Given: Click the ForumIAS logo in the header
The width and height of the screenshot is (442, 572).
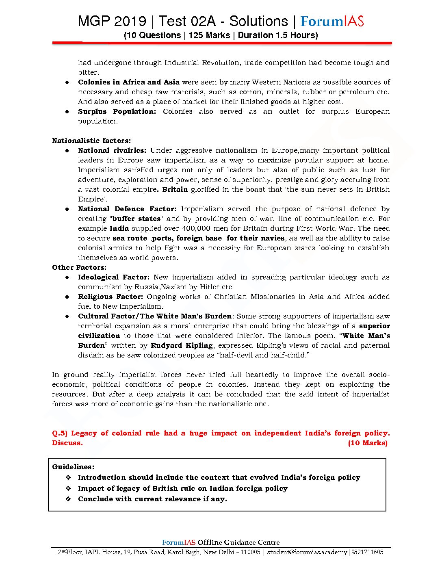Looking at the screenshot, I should (332, 21).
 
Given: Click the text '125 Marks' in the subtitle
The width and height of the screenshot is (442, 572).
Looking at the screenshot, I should (209, 35).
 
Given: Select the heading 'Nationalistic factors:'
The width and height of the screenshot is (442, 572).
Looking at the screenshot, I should (91, 141).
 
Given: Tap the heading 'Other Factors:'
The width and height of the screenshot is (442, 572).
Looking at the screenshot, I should (79, 267).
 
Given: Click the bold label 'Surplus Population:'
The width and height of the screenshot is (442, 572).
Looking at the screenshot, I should (117, 111).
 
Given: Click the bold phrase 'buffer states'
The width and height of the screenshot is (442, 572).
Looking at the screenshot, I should (136, 219).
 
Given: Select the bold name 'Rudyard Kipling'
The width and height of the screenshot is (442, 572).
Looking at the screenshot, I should (182, 345).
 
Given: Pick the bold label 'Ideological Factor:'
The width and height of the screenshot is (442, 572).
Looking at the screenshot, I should (114, 277).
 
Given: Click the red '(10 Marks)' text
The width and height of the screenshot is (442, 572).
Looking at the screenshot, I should (368, 443).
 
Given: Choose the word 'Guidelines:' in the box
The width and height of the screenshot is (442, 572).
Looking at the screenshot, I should (73, 467).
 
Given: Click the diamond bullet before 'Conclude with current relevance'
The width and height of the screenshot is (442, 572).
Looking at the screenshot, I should (69, 499).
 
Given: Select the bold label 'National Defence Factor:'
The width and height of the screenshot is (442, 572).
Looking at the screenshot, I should (127, 209).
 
